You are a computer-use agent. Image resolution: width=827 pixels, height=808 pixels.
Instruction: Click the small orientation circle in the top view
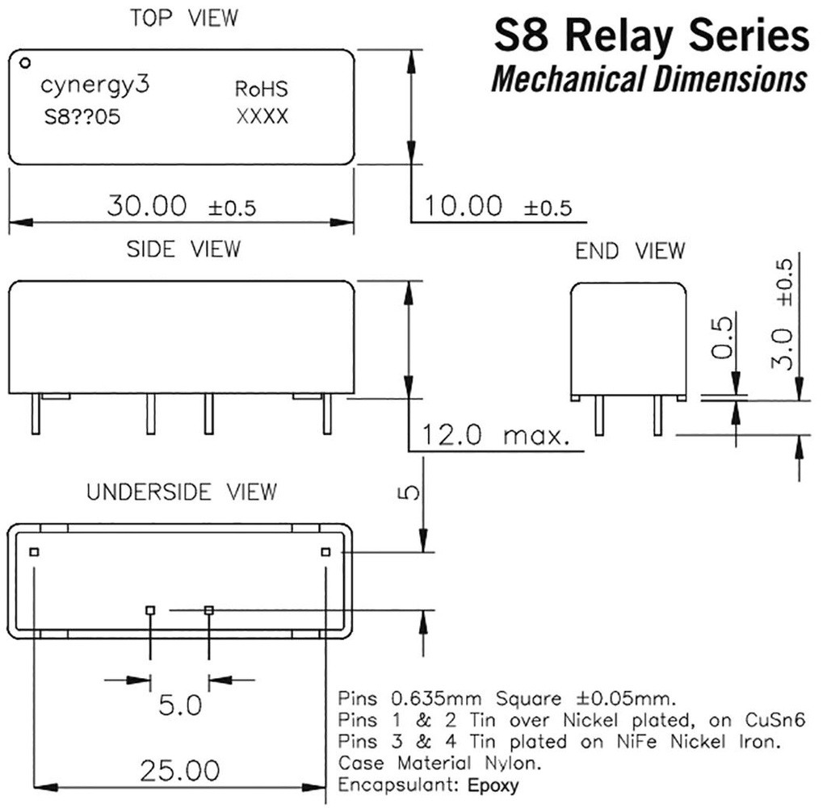click(x=25, y=61)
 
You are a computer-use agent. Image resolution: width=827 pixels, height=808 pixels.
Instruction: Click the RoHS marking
click(x=261, y=89)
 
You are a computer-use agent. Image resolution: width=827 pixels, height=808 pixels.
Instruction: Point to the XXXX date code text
click(x=262, y=117)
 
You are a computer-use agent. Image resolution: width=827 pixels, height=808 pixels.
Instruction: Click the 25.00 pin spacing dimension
click(x=179, y=771)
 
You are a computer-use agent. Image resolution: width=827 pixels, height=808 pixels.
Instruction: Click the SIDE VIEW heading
click(x=183, y=249)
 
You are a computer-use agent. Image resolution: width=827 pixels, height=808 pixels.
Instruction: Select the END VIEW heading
click(x=630, y=251)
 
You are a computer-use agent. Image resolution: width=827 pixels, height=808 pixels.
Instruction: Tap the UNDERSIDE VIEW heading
click(x=182, y=492)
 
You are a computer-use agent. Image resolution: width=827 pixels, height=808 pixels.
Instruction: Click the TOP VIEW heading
click(x=184, y=19)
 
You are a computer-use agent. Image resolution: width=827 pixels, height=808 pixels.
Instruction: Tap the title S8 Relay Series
click(x=650, y=36)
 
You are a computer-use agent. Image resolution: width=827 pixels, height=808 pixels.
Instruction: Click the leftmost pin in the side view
click(x=36, y=415)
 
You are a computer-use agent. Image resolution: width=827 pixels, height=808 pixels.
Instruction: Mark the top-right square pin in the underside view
click(x=325, y=551)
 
